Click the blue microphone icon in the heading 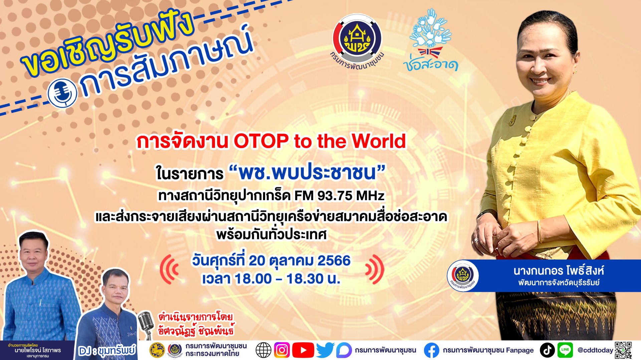tap(62, 93)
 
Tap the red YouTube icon tap(303, 350)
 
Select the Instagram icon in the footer tap(282, 350)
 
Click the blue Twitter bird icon tap(325, 350)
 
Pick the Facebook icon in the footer tap(431, 350)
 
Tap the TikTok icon tap(547, 350)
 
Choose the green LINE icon tap(565, 350)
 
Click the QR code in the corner tap(623, 350)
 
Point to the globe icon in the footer tap(263, 350)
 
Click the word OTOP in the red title tap(261, 141)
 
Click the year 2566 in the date tap(334, 261)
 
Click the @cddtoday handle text tap(595, 350)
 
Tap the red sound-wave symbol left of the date tap(169, 269)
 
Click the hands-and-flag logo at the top tap(431, 40)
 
